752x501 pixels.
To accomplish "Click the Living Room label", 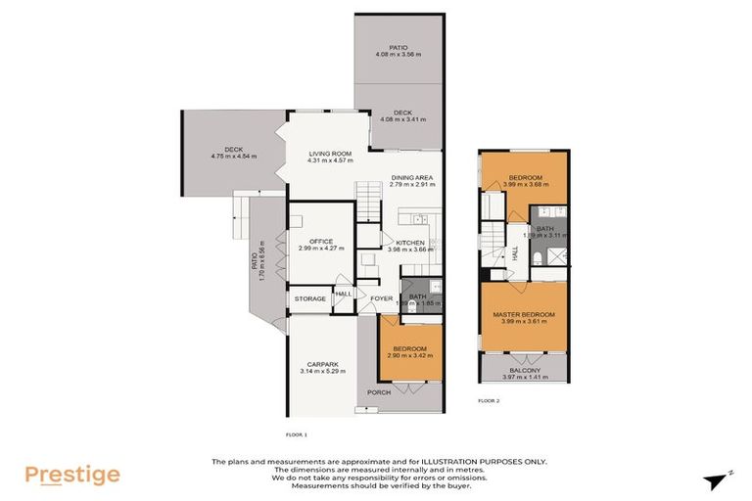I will tap(330, 154).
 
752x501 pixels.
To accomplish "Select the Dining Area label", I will tap(411, 176).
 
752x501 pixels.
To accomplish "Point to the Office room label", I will tap(321, 241).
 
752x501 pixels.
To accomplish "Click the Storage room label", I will tap(309, 298).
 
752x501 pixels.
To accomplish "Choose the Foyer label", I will tap(381, 298).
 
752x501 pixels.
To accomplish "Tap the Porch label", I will tap(378, 392).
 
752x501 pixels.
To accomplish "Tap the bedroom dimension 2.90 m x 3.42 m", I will tap(409, 355).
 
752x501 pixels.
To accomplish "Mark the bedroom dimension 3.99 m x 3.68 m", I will tap(523, 184).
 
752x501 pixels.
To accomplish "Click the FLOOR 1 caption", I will tap(296, 433).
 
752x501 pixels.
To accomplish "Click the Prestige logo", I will tap(73, 475).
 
